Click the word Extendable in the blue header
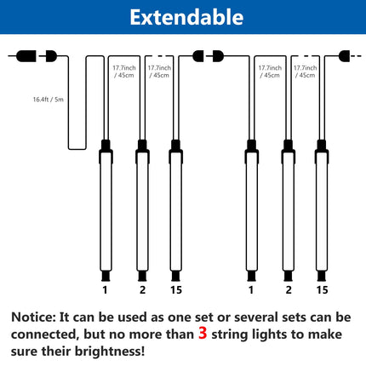click(x=186, y=17)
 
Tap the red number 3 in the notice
click(x=203, y=333)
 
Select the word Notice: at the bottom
click(x=34, y=317)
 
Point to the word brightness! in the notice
click(x=110, y=352)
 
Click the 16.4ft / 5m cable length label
click(x=49, y=100)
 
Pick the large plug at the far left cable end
click(x=26, y=56)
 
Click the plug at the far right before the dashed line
click(x=344, y=56)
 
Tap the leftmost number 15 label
click(x=176, y=290)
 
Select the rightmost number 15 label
click(x=322, y=290)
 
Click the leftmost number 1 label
click(x=106, y=290)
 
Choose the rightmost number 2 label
click(x=289, y=290)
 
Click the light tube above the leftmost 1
click(x=106, y=211)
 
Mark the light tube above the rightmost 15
click(x=322, y=211)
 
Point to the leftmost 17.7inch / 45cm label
click(x=124, y=71)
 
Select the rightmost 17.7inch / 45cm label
click(x=305, y=71)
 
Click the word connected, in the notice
click(x=45, y=335)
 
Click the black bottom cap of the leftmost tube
click(x=106, y=276)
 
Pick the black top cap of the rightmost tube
click(x=322, y=146)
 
